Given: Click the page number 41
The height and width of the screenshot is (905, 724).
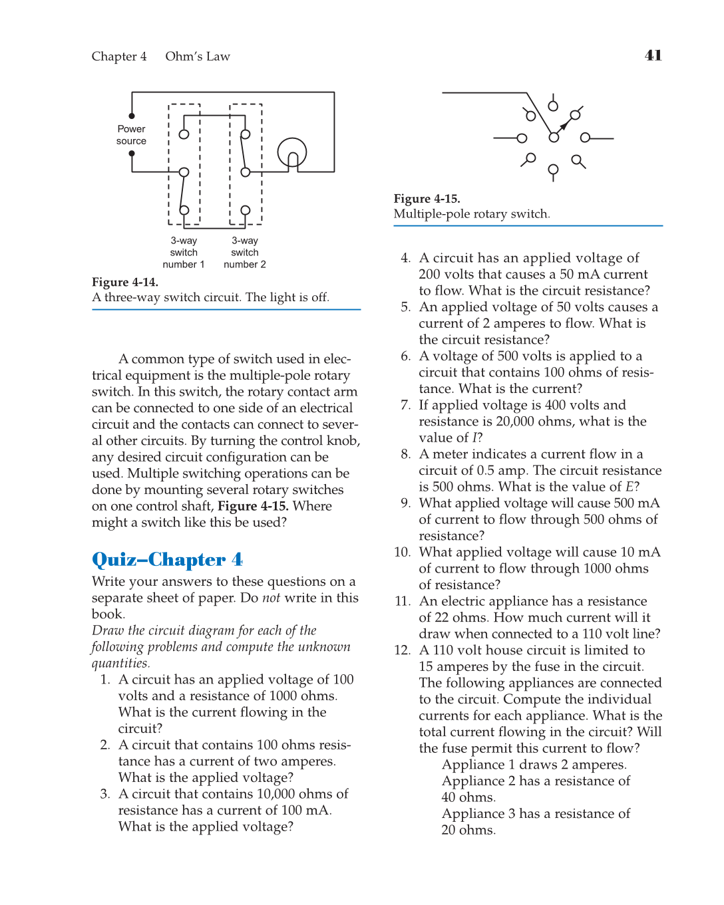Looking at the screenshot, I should tap(653, 55).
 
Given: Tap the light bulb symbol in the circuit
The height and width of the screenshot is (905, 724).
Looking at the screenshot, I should tap(292, 152).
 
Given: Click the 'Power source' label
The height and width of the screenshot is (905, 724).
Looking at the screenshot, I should tap(131, 135).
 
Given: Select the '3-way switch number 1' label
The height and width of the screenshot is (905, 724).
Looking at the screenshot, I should tap(184, 253).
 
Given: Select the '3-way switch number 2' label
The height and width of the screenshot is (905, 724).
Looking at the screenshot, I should tap(245, 253).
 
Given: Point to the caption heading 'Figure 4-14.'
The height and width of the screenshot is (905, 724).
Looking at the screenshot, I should tap(125, 282).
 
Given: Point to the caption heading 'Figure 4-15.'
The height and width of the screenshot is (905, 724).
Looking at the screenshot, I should tap(427, 199).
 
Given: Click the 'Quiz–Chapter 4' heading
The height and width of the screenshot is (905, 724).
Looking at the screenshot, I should tap(167, 560).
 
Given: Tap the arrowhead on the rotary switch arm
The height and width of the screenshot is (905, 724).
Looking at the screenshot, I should tap(564, 125).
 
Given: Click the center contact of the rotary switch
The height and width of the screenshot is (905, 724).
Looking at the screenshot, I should tap(554, 138).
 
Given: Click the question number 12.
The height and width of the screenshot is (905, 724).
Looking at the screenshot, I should tap(402, 650).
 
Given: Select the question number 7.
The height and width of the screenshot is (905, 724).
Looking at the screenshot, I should tap(405, 405).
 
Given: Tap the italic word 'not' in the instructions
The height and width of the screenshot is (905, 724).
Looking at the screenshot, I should tap(271, 598).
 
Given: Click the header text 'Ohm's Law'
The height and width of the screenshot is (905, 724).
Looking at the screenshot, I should tap(198, 57).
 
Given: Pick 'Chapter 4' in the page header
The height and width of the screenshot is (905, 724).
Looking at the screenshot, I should tap(119, 57).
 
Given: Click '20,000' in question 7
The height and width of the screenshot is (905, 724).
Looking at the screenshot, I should tap(516, 422).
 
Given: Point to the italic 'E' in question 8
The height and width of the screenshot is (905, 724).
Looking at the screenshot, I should tap(629, 487).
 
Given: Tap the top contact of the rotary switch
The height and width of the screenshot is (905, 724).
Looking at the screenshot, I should tap(553, 106).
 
